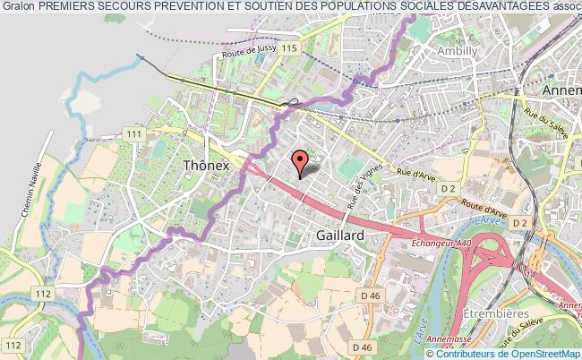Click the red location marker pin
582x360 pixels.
point(301,161)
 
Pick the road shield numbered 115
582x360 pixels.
point(287,47)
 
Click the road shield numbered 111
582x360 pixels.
point(135,133)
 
